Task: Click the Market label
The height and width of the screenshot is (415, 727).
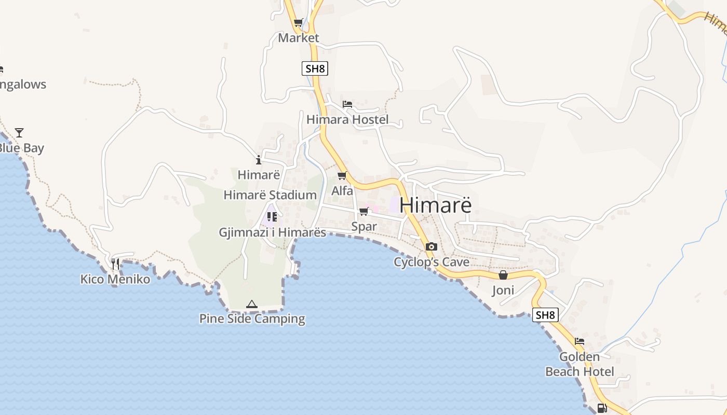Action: [299, 38]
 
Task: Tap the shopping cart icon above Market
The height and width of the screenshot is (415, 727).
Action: [299, 23]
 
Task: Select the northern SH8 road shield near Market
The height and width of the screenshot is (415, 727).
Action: [315, 68]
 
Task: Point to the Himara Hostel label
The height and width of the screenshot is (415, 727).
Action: [347, 120]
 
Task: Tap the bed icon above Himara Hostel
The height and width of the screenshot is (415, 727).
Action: [347, 104]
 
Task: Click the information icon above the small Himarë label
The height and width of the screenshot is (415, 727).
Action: [259, 160]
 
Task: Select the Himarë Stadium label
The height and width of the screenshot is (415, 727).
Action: [270, 195]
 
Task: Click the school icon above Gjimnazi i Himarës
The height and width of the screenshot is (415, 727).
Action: [272, 217]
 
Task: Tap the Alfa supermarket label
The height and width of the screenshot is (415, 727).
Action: [342, 191]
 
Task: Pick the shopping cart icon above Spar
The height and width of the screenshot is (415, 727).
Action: [364, 211]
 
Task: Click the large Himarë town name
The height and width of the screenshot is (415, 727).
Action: [436, 205]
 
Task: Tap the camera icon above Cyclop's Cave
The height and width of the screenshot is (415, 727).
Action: [432, 246]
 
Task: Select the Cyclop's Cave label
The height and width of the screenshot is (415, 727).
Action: [432, 262]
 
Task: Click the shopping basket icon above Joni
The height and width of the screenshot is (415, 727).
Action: [503, 275]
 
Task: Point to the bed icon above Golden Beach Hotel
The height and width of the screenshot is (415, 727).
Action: [580, 341]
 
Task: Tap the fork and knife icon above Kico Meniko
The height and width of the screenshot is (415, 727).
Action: [115, 264]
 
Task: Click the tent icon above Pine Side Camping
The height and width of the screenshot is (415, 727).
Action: [252, 304]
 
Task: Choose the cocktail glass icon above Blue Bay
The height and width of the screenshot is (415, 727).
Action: [19, 133]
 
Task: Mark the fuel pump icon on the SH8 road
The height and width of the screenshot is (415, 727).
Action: [602, 408]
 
